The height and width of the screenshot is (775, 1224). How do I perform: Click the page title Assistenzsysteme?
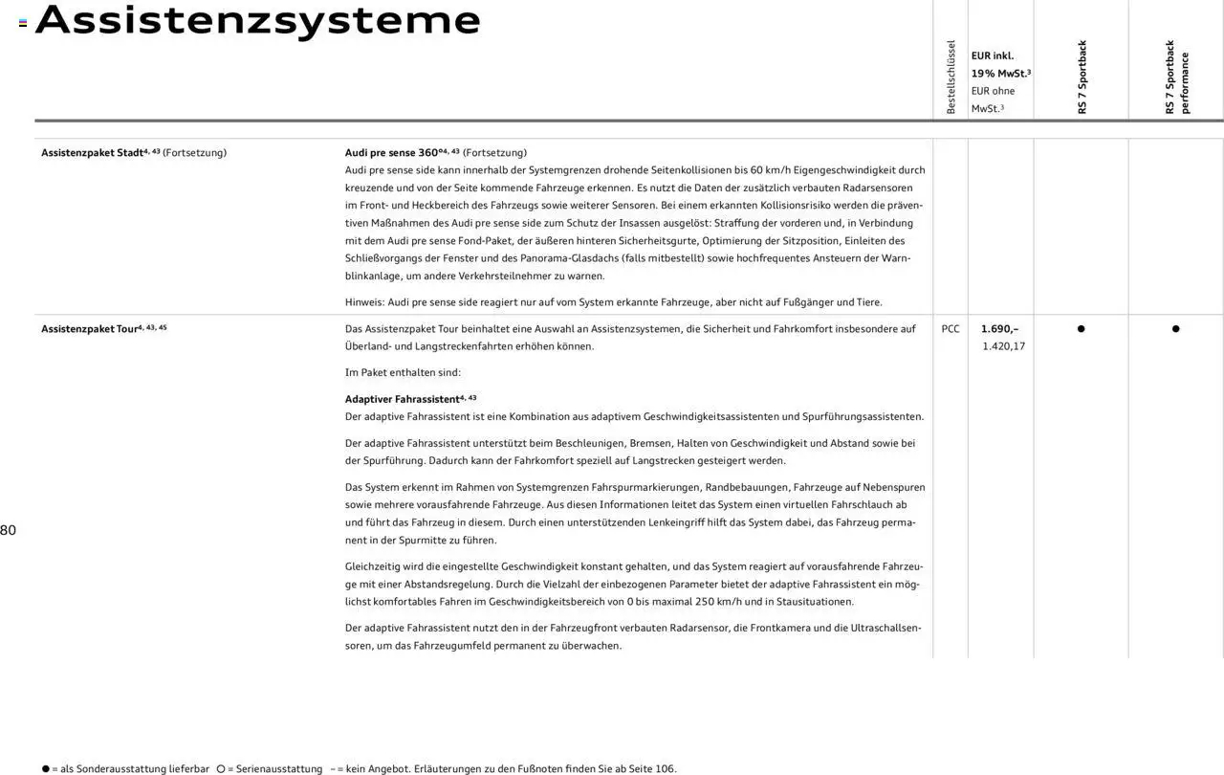[x=257, y=20]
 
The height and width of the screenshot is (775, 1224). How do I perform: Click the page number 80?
[x=8, y=530]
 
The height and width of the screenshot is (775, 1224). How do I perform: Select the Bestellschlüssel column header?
[x=951, y=77]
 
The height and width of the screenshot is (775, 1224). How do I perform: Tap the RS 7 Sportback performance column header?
[x=1176, y=77]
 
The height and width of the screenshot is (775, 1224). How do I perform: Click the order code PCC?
[x=951, y=329]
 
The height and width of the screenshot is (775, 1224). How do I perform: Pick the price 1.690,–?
[x=999, y=329]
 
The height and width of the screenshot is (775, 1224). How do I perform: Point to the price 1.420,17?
[x=1003, y=346]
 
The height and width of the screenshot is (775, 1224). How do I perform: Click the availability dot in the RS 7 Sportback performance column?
[x=1175, y=329]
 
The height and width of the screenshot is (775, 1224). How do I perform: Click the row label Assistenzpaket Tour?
[x=89, y=329]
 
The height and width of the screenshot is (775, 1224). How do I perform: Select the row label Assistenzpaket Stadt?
[x=92, y=153]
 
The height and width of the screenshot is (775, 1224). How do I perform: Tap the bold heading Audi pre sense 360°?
[x=392, y=153]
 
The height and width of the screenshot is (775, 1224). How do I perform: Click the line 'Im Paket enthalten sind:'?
[x=403, y=373]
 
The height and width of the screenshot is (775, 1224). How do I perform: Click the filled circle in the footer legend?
[x=45, y=769]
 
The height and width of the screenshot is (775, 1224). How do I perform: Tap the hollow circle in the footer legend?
[x=220, y=769]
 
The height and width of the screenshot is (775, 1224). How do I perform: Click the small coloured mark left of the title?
[x=23, y=23]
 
